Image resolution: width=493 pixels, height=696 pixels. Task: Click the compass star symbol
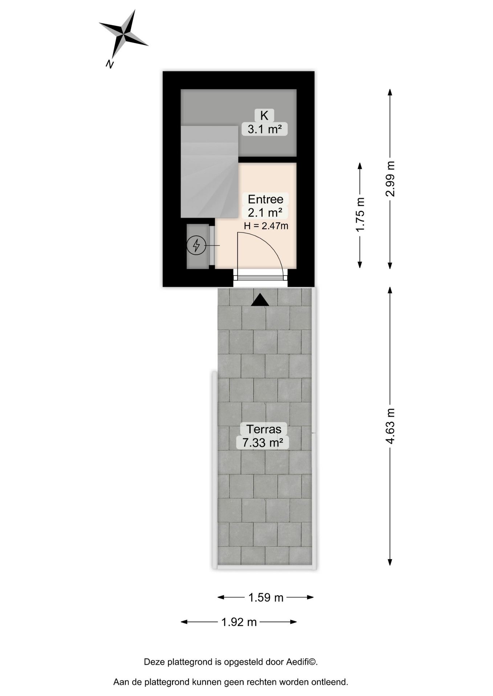coord(123,35)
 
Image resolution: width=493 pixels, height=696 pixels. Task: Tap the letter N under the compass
coord(110,65)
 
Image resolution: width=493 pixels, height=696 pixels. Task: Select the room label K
coord(264,116)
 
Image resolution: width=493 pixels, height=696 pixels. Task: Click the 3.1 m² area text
coord(265,129)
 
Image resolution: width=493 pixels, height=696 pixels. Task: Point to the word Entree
coord(265,199)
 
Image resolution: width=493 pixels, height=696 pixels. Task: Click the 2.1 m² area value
coord(265,212)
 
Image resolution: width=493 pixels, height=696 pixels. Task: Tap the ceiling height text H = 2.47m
coord(266,226)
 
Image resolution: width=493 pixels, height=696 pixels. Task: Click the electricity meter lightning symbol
coord(196,246)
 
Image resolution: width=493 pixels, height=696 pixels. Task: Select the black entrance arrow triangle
coord(260,300)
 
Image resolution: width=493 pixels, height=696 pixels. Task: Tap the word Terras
coord(264,429)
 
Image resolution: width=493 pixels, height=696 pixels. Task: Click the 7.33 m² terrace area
coord(263,443)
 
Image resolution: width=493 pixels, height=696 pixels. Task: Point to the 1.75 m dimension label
coord(360,215)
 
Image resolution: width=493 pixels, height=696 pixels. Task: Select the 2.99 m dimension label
coord(390,179)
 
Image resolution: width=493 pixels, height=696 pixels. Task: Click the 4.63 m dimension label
coord(390,426)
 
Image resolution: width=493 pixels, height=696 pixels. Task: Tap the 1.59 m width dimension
coord(266,598)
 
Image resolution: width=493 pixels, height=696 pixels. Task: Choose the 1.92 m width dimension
coord(239,622)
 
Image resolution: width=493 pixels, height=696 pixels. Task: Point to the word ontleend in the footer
coord(331,682)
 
